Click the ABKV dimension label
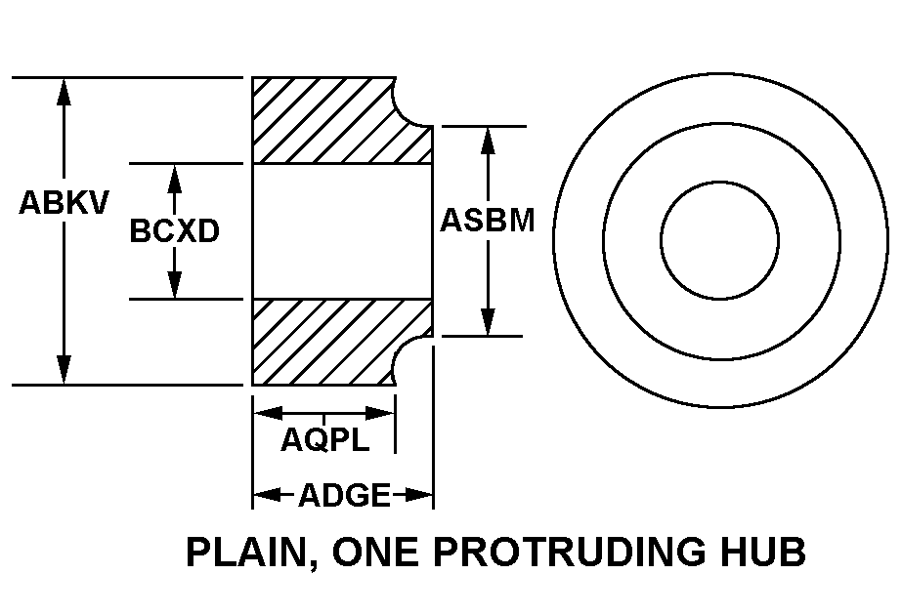[x=64, y=202]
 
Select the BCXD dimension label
[x=174, y=231]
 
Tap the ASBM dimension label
[x=488, y=221]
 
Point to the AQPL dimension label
[x=325, y=440]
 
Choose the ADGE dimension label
[x=344, y=495]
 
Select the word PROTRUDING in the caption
[x=570, y=552]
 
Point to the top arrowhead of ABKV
[x=64, y=92]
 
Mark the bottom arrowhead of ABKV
[x=64, y=370]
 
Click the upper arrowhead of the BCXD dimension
[x=174, y=179]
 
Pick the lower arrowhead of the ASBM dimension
[x=488, y=321]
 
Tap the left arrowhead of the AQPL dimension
[x=268, y=413]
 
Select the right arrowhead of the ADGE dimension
[x=418, y=494]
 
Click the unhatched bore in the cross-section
[x=342, y=231]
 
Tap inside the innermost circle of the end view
[x=719, y=240]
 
